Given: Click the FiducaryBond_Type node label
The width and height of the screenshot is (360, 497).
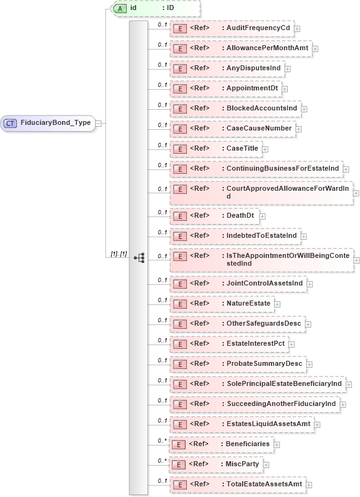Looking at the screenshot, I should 55,123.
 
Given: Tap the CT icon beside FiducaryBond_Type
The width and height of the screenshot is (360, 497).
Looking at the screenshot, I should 10,123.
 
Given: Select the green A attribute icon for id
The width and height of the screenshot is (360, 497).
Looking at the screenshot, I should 119,8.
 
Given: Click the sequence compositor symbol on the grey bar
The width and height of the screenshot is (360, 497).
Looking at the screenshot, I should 139,257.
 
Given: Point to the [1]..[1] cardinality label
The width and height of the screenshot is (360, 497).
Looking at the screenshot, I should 119,254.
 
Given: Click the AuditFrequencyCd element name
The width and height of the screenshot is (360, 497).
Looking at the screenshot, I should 258,28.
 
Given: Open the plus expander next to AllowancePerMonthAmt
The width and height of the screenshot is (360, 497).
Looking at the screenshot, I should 315,48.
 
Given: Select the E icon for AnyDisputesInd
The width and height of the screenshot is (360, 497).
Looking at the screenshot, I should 179,68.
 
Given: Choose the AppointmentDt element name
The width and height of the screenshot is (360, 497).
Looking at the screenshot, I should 252,88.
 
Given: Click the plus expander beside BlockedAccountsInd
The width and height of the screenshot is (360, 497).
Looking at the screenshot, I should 304,109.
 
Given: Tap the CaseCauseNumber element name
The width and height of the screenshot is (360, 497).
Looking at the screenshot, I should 259,129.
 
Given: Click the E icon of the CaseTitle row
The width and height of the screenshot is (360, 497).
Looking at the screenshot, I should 179,149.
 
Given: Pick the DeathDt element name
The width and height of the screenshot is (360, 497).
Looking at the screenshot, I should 240,215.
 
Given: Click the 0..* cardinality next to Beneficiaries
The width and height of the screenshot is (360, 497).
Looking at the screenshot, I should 162,441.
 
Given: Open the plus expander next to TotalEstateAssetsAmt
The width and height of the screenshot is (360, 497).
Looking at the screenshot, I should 308,484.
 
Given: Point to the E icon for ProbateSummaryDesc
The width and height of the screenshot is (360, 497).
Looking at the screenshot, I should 179,364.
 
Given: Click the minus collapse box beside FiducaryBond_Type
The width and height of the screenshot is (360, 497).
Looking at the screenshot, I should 98,123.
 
